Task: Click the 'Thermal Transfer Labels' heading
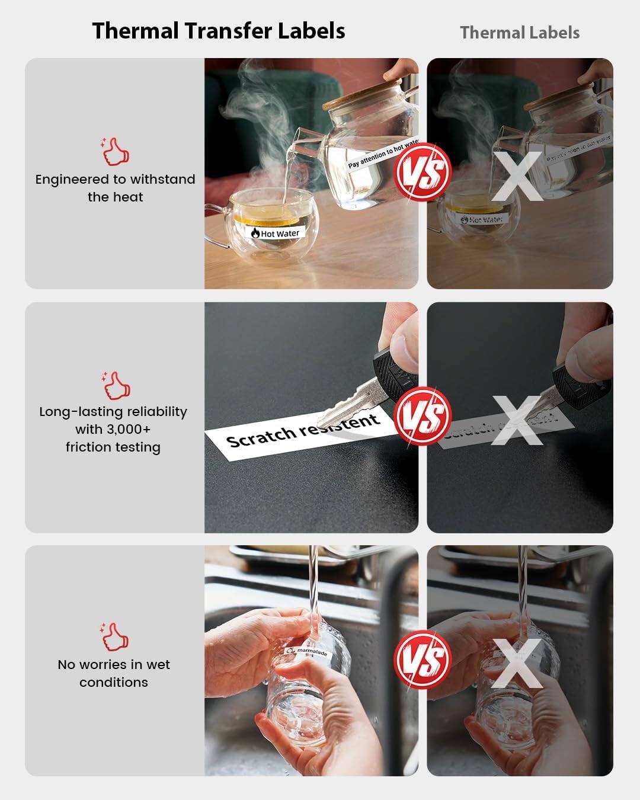219,31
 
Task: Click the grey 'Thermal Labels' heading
520,33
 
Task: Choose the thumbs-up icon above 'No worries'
114,637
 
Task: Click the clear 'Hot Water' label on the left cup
276,233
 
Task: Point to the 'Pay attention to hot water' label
382,153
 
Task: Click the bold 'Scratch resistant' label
302,430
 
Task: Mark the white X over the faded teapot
517,176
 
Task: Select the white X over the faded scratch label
517,420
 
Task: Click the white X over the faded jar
517,663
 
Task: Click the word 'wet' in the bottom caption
158,664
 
